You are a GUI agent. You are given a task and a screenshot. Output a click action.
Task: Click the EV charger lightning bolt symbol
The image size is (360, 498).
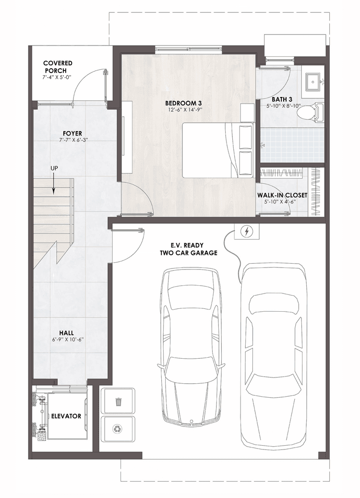pyautogui.click(x=247, y=232)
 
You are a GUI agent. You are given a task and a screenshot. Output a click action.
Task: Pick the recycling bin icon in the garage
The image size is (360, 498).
pyautogui.click(x=118, y=428)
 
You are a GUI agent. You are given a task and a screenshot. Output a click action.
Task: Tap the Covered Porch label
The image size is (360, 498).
pyautogui.click(x=58, y=67)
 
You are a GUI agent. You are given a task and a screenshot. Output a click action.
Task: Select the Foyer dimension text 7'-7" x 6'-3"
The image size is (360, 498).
pyautogui.click(x=72, y=140)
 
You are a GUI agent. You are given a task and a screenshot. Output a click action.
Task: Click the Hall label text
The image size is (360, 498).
pyautogui.click(x=66, y=332)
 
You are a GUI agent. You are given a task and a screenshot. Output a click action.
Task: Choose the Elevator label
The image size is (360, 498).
pyautogui.click(x=66, y=416)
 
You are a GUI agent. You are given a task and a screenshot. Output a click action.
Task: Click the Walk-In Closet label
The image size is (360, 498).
pyautogui.click(x=289, y=195)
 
